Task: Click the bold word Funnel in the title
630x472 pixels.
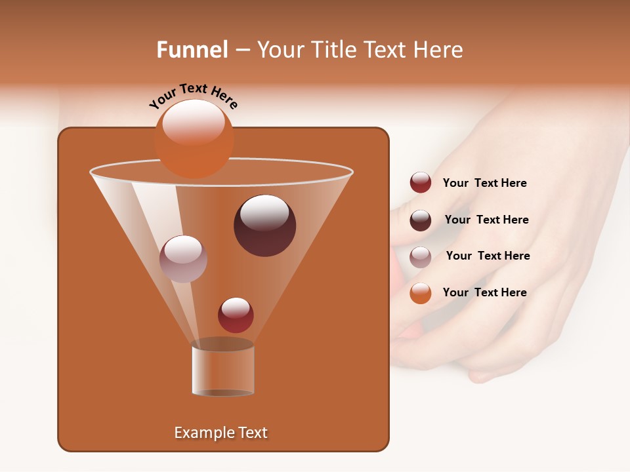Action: (x=192, y=50)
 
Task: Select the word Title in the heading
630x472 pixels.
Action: (x=335, y=50)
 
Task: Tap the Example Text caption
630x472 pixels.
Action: (x=221, y=433)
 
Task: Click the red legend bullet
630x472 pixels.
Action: (x=421, y=183)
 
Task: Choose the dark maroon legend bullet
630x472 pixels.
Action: (x=421, y=220)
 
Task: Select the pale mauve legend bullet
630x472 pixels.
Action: (x=421, y=257)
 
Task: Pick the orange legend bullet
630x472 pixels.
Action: (x=421, y=293)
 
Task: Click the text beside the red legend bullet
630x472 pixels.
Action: (x=484, y=184)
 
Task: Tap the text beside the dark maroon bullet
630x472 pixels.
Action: (x=486, y=220)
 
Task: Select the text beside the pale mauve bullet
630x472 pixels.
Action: (x=488, y=256)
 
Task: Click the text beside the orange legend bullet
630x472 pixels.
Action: (x=484, y=292)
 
